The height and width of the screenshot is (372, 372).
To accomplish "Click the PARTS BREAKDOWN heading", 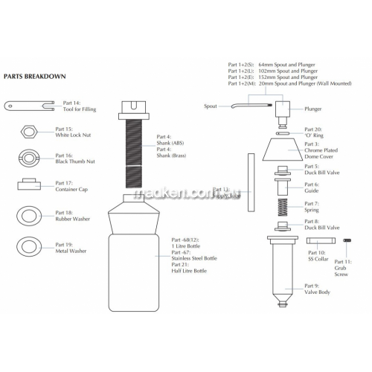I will [35, 76].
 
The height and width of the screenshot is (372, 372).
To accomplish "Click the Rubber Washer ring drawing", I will [28, 216].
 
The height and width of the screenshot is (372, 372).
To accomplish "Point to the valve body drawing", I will [286, 268].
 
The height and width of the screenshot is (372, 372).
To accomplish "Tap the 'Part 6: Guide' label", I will [312, 187].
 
